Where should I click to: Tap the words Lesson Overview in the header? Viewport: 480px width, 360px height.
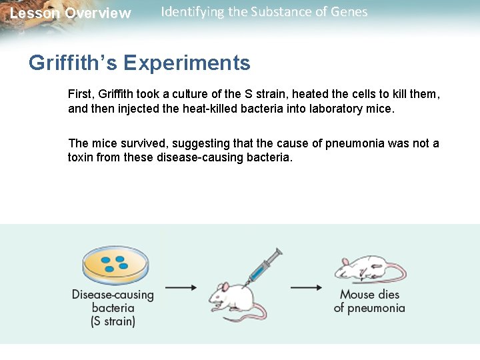[71, 13]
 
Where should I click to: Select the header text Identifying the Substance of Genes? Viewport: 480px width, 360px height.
[264, 12]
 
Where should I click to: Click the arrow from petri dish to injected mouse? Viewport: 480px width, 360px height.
[180, 287]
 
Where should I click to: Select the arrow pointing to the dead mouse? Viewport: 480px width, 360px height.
[306, 287]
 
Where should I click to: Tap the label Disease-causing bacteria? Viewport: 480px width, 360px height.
[113, 301]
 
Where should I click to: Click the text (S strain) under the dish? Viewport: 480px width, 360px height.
[113, 321]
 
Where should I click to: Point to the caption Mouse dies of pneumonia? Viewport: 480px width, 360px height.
[369, 301]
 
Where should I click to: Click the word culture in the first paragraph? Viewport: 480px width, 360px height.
[191, 95]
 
